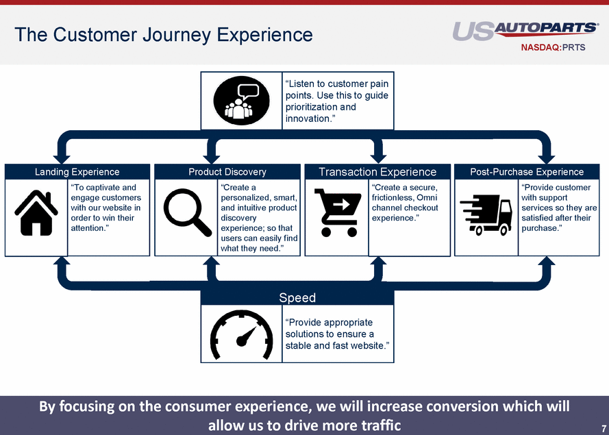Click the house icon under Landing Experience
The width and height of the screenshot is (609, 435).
(x=36, y=212)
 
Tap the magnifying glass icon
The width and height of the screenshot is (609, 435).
(x=186, y=212)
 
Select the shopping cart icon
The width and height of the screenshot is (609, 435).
(x=336, y=212)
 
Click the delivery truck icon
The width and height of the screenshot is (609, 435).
(x=486, y=214)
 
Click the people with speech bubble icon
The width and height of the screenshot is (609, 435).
(x=242, y=100)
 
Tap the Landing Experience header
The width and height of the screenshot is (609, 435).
(x=77, y=172)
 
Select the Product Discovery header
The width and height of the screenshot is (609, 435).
(x=227, y=172)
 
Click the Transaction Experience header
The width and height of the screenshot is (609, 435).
(x=377, y=172)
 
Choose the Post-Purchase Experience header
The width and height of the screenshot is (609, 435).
(x=527, y=172)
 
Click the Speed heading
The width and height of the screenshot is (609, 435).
(x=297, y=297)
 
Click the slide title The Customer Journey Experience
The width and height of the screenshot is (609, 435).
(x=164, y=35)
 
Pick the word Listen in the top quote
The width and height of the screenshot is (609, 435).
(x=302, y=84)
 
